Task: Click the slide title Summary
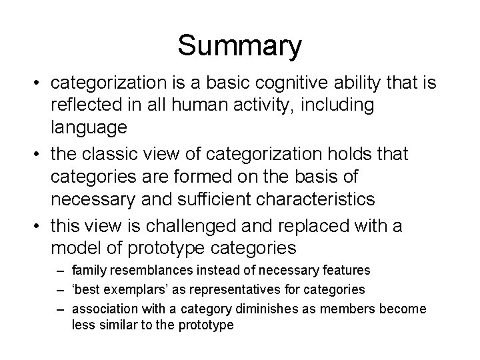point(239,46)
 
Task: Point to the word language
point(91,126)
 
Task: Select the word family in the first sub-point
point(88,271)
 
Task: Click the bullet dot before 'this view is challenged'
point(40,226)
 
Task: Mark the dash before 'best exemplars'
point(61,290)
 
